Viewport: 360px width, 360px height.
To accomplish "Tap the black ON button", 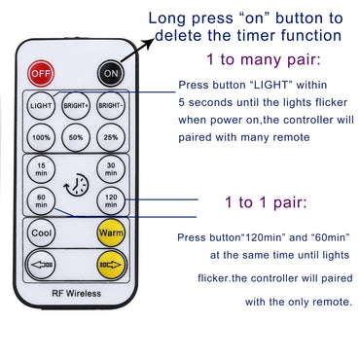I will click(110, 73).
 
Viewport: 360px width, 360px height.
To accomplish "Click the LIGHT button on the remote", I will click(40, 105).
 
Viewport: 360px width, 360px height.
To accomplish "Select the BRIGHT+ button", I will click(75, 105).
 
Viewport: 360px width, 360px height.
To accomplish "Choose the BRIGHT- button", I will click(109, 105).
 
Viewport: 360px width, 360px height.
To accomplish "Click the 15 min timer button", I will click(40, 167).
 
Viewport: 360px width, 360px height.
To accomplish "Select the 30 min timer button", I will click(110, 167).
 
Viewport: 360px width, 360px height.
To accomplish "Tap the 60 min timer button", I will click(40, 202).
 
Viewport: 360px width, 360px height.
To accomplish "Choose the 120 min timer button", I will click(110, 202).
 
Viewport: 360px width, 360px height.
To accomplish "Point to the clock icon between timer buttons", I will click(75, 185).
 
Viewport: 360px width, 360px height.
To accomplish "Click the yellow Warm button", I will click(109, 234).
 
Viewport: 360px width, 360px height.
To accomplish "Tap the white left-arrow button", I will click(40, 263).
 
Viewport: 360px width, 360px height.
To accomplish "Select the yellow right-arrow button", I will click(109, 263).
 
